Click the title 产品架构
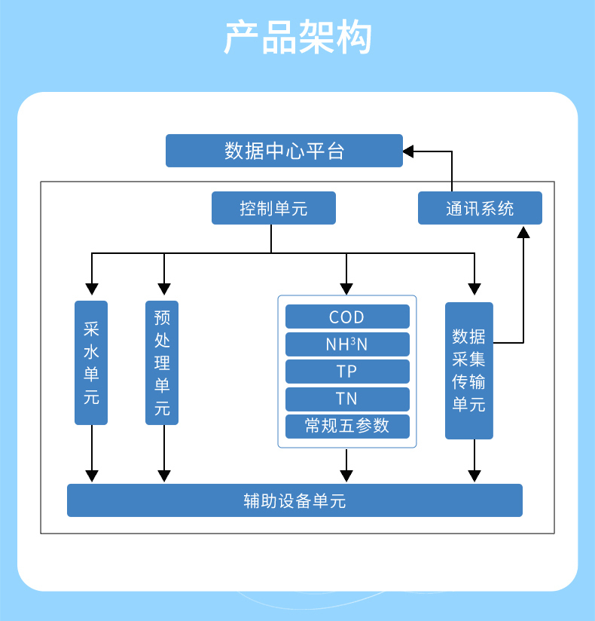(297, 38)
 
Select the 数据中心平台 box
(284, 151)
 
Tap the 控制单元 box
(273, 208)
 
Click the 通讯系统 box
(480, 208)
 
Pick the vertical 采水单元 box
(91, 363)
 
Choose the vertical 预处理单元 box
(162, 363)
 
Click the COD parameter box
(347, 317)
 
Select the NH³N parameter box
(347, 344)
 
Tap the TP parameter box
(347, 372)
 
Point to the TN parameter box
(347, 399)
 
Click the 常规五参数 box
(347, 426)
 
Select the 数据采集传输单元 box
(468, 370)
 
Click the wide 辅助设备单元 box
(294, 500)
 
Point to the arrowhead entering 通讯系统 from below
(523, 231)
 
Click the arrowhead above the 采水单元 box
(92, 289)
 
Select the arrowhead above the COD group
(346, 289)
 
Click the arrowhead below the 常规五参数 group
(346, 476)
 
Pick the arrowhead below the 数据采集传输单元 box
(474, 476)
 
